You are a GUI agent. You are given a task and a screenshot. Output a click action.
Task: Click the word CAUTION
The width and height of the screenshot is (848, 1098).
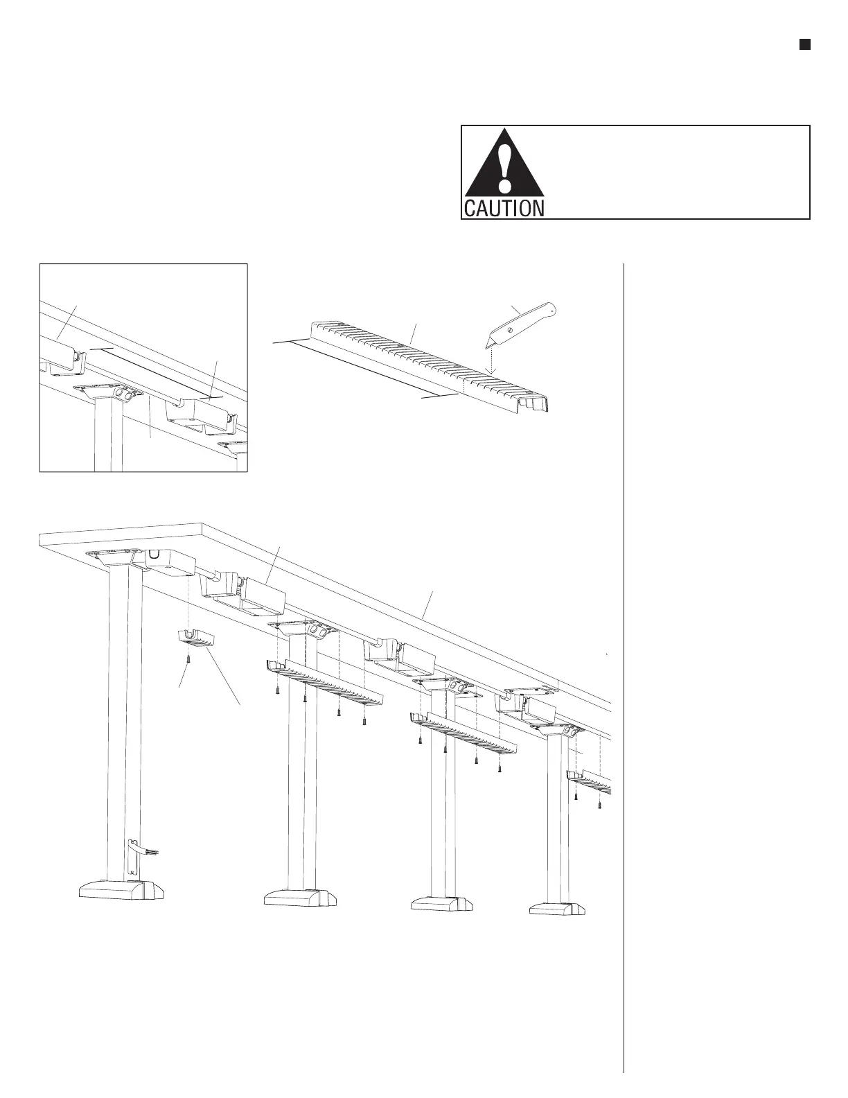(x=504, y=208)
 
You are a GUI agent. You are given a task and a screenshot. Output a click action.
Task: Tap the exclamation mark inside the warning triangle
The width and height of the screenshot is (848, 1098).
(x=505, y=167)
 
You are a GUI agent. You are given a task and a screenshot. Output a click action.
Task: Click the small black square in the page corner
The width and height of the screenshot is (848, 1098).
(x=804, y=45)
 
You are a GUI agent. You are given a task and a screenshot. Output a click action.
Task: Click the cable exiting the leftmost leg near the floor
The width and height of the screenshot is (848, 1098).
(x=144, y=848)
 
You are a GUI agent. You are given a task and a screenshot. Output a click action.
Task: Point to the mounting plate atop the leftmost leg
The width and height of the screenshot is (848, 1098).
(x=111, y=557)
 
